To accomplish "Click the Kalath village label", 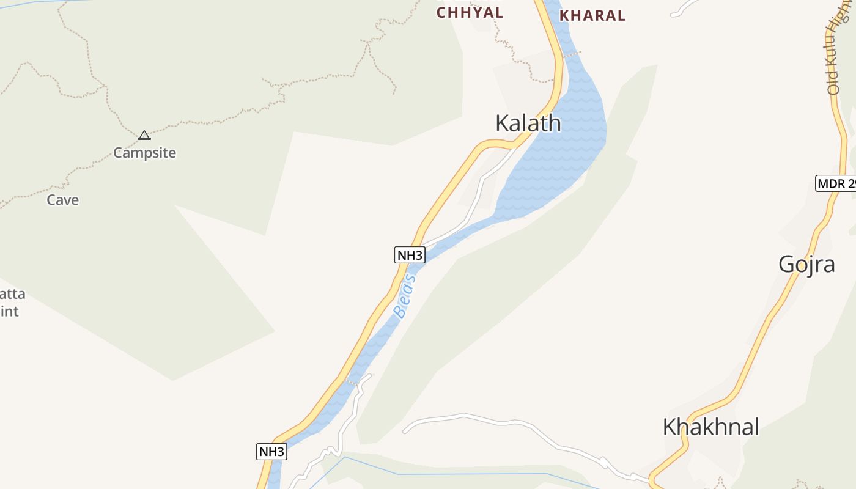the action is click(528, 123).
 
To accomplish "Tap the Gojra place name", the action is click(806, 265).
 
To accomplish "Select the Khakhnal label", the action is click(710, 427).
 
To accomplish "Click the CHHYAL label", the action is click(470, 13).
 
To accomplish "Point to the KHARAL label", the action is click(592, 16).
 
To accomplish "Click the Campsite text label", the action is click(144, 153).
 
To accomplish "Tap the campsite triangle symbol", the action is click(144, 135).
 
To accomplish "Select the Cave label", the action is click(63, 200).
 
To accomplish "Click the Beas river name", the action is click(405, 296).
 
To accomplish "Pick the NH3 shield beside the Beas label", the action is click(410, 256).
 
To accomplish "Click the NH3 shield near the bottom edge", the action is click(271, 452).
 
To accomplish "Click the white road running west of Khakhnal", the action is click(520, 422).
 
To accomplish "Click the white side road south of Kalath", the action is click(477, 196).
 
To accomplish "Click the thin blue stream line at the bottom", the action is click(459, 474).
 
